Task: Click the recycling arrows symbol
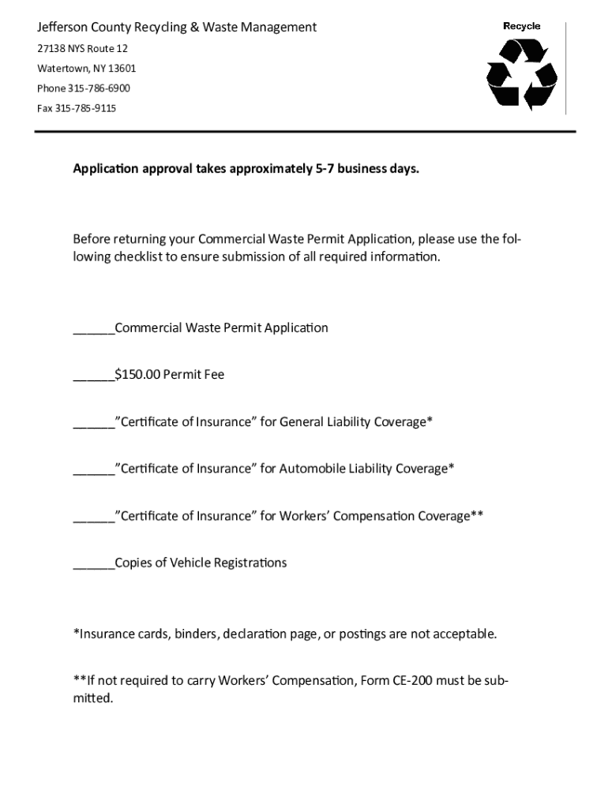(x=522, y=74)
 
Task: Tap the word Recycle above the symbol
(x=522, y=26)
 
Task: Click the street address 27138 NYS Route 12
(x=82, y=49)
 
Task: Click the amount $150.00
(x=137, y=375)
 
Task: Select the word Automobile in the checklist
(x=309, y=469)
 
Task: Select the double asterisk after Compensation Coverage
(x=477, y=515)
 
